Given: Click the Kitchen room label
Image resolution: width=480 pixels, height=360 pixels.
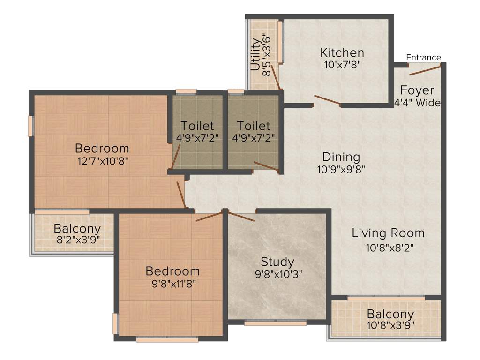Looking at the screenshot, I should click(x=342, y=52).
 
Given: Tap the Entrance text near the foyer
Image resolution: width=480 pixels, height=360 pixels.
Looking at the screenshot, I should click(x=423, y=58).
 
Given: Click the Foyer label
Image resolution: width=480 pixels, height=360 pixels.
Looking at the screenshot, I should click(x=417, y=90).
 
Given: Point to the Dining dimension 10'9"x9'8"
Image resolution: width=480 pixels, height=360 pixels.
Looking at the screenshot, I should click(x=341, y=169).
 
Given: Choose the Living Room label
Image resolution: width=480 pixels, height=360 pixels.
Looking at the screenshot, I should click(x=388, y=233).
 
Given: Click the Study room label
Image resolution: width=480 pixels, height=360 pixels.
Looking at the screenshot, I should click(x=277, y=262).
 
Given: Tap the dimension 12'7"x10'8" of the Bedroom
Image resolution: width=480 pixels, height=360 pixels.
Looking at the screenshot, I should click(x=103, y=161).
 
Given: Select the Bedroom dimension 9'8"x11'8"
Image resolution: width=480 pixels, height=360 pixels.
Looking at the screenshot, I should click(x=172, y=283).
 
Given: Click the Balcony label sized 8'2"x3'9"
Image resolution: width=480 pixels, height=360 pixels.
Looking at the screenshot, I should click(x=77, y=229).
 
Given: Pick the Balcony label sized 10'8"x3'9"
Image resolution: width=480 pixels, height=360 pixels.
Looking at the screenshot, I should click(x=390, y=314).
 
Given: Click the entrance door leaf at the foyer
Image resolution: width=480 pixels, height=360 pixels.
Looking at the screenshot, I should click(x=425, y=70).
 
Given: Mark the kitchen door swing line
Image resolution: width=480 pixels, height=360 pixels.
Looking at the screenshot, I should click(x=327, y=100).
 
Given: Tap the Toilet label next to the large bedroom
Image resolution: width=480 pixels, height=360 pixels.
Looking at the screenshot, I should click(x=197, y=126).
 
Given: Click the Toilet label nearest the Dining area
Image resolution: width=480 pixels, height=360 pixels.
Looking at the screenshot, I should click(x=253, y=126).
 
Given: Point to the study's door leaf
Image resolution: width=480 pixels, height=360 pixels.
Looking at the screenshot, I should click(x=241, y=216).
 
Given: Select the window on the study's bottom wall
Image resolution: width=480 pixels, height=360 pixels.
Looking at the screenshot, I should click(x=275, y=322).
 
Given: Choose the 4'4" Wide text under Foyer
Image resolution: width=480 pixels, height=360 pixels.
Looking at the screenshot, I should click(x=417, y=103).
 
